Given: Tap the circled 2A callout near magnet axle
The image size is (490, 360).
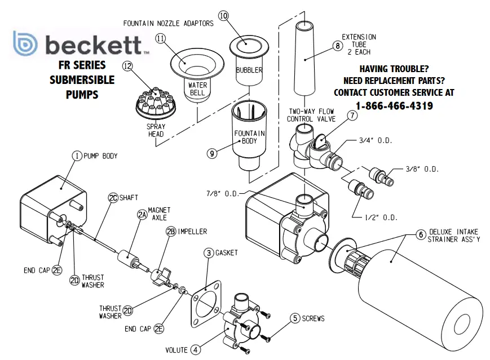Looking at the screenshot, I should [142, 214].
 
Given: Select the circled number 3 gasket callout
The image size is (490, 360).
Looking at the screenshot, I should [209, 253].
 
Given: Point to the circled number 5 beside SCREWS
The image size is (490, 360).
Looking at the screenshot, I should [294, 318].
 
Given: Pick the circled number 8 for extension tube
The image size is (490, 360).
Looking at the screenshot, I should [338, 46].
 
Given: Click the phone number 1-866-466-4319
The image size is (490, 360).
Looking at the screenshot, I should [394, 106].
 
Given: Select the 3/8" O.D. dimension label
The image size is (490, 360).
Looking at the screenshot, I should [422, 168].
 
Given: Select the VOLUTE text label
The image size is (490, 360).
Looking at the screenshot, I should [176, 350].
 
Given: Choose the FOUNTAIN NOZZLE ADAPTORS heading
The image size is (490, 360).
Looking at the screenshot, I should [169, 24].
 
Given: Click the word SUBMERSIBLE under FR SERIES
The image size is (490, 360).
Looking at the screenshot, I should [81, 79].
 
